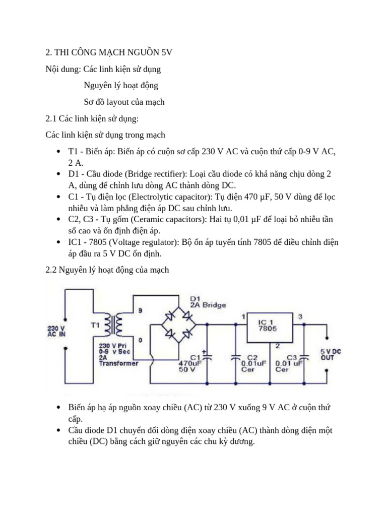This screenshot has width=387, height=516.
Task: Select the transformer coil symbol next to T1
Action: (x=113, y=326)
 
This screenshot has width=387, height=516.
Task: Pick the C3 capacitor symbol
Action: (x=303, y=357)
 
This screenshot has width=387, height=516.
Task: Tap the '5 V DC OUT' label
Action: (x=330, y=354)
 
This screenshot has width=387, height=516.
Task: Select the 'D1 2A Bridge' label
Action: (x=208, y=301)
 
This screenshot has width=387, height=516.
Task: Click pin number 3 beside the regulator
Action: (x=300, y=316)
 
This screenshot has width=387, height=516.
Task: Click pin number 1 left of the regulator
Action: (x=243, y=317)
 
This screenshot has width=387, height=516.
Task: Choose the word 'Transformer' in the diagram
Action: (x=118, y=363)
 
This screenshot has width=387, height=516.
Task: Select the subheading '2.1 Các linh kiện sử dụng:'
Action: (x=92, y=118)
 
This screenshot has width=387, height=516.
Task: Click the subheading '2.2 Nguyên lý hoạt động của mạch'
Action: (x=107, y=270)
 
